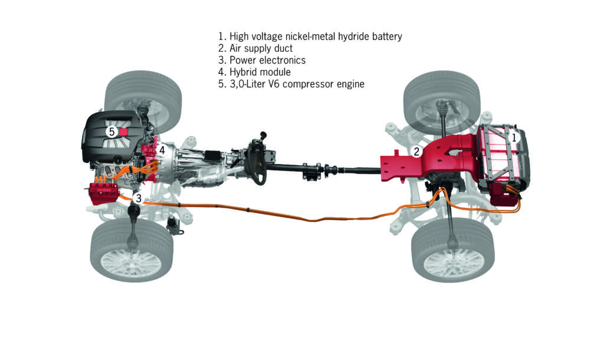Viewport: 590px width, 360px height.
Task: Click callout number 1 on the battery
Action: (x=513, y=137)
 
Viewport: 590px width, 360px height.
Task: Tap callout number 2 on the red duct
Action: (x=417, y=152)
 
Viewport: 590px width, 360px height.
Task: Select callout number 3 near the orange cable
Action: (x=138, y=198)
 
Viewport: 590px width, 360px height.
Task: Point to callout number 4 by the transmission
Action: (x=162, y=150)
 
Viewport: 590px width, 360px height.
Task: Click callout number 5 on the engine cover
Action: (x=112, y=132)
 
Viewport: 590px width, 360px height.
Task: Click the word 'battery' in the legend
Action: (x=384, y=37)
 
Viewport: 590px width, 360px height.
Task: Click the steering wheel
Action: (x=257, y=157)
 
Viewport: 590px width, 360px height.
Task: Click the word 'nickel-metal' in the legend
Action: (x=322, y=37)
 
